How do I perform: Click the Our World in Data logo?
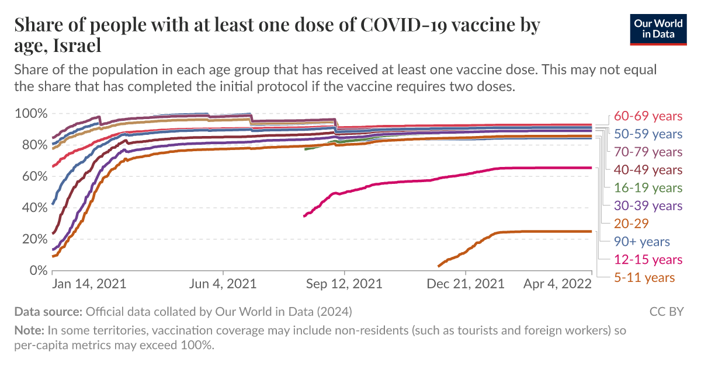click(x=658, y=29)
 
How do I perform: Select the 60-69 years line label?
click(x=648, y=116)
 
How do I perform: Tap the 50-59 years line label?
click(x=648, y=134)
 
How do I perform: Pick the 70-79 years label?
click(x=648, y=152)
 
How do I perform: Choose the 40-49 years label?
click(x=648, y=170)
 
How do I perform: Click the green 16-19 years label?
click(x=648, y=188)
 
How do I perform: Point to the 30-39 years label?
click(x=648, y=205)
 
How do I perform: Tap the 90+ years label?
click(x=642, y=242)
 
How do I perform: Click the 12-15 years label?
click(x=648, y=260)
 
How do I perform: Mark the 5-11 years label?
click(x=645, y=277)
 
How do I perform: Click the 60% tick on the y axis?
click(x=32, y=176)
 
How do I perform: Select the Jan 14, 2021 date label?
click(x=89, y=284)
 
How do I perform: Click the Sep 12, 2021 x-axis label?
click(x=345, y=284)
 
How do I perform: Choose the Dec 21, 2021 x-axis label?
click(x=466, y=284)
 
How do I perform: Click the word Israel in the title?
click(x=77, y=44)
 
